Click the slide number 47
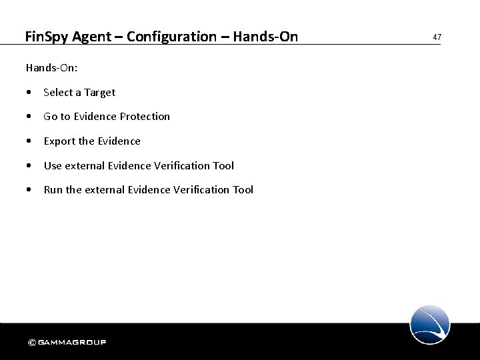(x=437, y=37)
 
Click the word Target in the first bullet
(x=99, y=93)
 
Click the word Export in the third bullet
(x=58, y=141)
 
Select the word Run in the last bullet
(x=53, y=190)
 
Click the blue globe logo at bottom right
(x=430, y=324)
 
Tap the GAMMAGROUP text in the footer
(x=72, y=343)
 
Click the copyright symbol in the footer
(x=32, y=343)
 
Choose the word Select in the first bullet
(x=58, y=93)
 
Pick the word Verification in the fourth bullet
(x=181, y=165)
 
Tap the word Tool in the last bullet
(x=243, y=190)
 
